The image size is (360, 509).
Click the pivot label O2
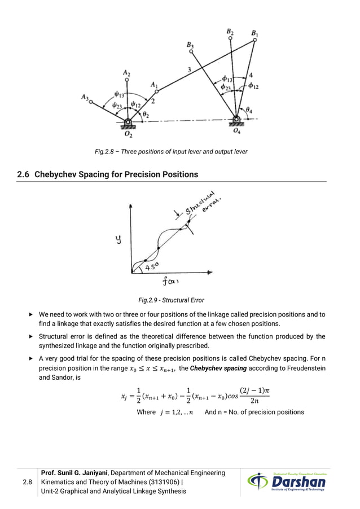click(129, 135)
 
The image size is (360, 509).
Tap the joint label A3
click(84, 97)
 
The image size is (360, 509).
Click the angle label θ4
click(249, 109)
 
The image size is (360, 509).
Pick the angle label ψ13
click(119, 95)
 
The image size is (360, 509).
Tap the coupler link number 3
click(190, 69)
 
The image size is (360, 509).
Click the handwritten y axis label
click(118, 239)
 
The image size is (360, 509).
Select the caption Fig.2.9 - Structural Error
click(171, 300)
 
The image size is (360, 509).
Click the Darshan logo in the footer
click(286, 482)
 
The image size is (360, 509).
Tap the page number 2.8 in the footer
click(27, 482)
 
